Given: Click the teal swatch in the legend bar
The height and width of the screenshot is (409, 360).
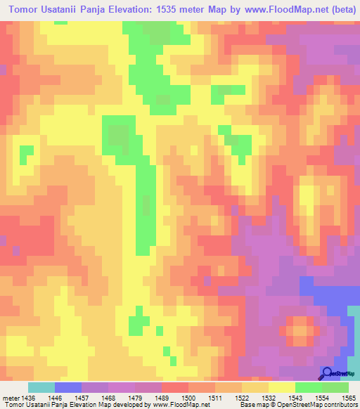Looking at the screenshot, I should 41,387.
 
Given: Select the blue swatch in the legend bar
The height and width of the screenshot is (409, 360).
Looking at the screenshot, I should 68,387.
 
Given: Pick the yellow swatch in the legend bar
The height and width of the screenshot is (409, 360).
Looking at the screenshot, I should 282,387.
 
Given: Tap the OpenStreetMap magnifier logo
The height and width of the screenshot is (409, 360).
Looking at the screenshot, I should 328,373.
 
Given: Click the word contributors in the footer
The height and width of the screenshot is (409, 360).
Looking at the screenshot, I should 342,404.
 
